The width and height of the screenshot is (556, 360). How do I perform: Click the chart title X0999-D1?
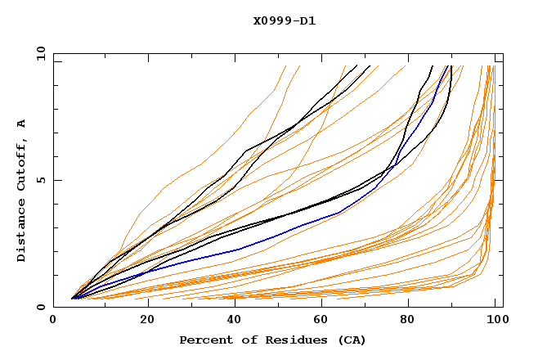click(285, 20)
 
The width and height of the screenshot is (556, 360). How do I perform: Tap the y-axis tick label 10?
click(39, 52)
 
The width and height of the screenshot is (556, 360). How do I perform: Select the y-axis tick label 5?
click(43, 180)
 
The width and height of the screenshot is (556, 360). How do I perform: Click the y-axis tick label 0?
click(43, 307)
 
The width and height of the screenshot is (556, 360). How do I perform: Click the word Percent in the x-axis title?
click(202, 340)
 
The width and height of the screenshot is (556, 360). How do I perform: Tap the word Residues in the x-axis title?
click(282, 340)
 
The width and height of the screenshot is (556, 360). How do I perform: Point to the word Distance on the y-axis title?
click(21, 233)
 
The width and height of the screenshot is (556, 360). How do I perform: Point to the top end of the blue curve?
click(448, 66)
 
